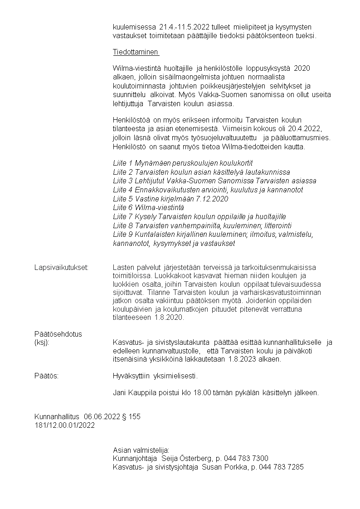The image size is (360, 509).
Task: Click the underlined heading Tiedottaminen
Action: [x=136, y=52]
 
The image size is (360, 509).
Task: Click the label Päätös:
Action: [x=46, y=376]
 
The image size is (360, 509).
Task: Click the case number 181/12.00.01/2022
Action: [x=64, y=425]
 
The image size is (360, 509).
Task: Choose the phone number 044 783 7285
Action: [x=281, y=467]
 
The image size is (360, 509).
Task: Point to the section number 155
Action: [x=135, y=416]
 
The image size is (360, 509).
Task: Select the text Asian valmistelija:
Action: [x=141, y=450]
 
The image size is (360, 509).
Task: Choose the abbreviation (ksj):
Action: [x=41, y=343]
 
